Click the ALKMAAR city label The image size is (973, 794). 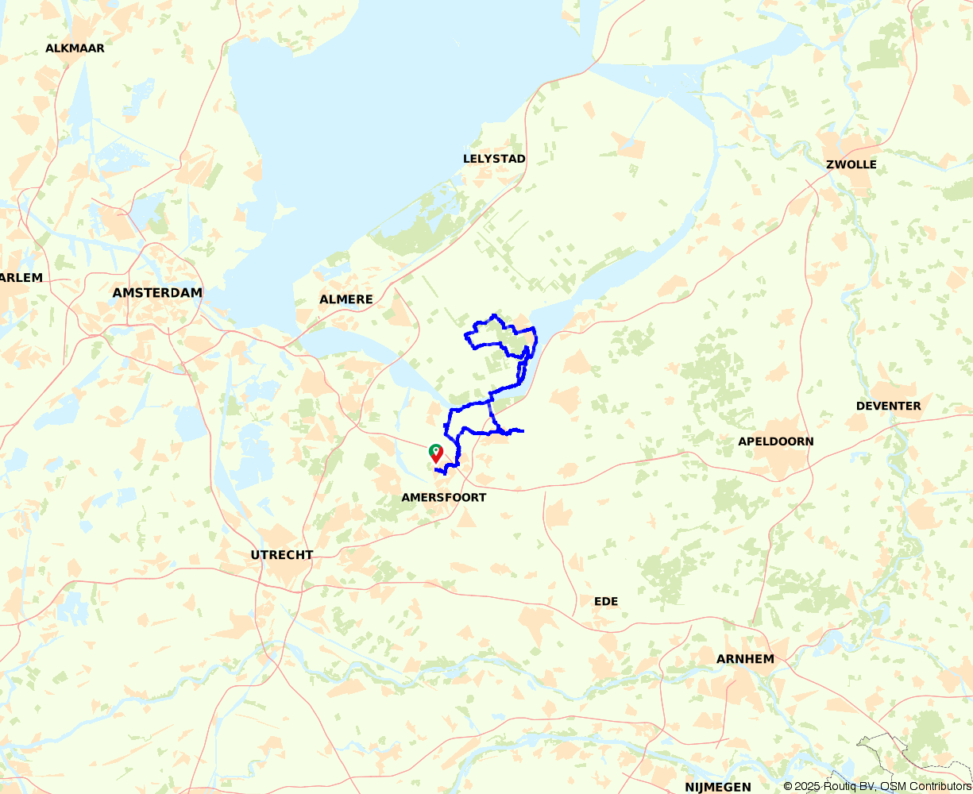75,48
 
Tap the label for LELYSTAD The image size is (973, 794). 494,159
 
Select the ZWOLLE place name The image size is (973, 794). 851,165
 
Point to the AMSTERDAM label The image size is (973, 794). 157,293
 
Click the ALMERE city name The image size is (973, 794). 346,299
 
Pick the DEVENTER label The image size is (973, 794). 888,406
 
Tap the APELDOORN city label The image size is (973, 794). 775,441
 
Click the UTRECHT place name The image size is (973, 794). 282,555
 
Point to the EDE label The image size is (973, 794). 605,601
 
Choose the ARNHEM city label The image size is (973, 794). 744,659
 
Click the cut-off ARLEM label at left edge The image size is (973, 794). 21,278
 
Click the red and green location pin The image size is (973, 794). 435,453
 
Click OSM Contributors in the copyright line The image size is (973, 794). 928,786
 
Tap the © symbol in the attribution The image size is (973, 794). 788,786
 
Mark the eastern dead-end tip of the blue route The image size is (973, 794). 523,431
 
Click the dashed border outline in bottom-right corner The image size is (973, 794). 882,750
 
